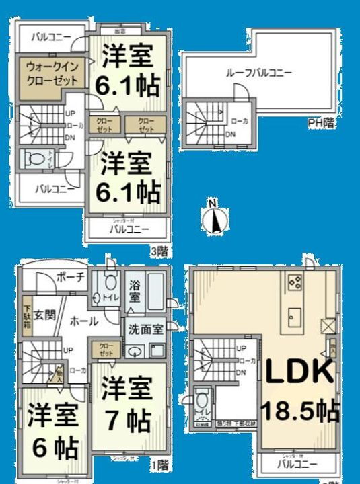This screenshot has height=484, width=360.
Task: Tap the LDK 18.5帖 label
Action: (299, 389)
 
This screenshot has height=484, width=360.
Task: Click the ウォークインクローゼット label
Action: (52, 73)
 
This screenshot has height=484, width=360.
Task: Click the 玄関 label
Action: (44, 314)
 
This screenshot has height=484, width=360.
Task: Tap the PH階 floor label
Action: (321, 122)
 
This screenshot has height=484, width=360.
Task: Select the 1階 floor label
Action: (159, 463)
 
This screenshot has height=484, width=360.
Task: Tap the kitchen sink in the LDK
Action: (295, 313)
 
